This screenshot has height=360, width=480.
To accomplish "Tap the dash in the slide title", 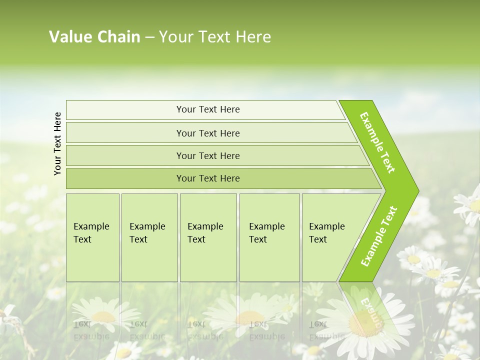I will pyautogui.click(x=149, y=37).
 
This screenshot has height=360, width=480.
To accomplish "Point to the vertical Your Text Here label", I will pyautogui.click(x=57, y=143).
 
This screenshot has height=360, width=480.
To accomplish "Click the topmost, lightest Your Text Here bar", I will pyautogui.click(x=207, y=109).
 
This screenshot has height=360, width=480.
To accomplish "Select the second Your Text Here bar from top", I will pyautogui.click(x=207, y=133).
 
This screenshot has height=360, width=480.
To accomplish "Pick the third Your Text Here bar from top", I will pyautogui.click(x=207, y=155).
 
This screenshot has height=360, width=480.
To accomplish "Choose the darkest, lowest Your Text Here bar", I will pyautogui.click(x=207, y=178).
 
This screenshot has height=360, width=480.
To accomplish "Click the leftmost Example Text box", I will pyautogui.click(x=92, y=237).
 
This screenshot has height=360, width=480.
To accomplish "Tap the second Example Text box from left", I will pyautogui.click(x=149, y=237).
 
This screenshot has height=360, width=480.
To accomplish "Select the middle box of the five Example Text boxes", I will pyautogui.click(x=208, y=237).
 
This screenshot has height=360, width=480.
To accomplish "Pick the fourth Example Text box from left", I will pyautogui.click(x=269, y=237).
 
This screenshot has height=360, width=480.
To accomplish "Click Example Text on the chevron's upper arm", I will pyautogui.click(x=377, y=142).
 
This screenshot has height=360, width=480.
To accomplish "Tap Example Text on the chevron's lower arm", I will pyautogui.click(x=379, y=236).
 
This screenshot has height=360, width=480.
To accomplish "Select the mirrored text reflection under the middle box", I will pyautogui.click(x=205, y=330).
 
